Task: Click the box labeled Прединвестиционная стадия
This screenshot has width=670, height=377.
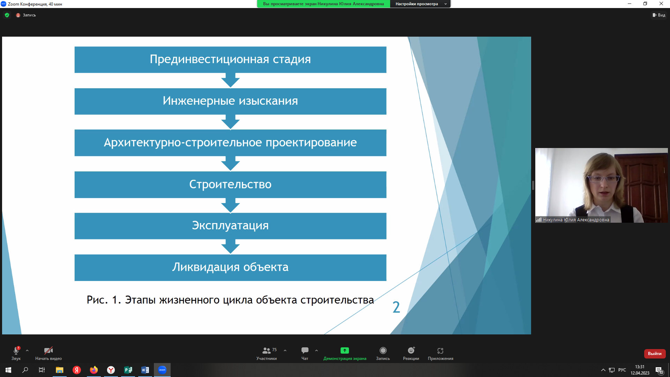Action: pos(230,60)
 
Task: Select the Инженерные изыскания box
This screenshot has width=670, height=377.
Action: pos(230,101)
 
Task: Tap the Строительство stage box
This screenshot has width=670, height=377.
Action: pos(230,185)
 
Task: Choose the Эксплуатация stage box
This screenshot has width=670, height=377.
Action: pos(230,226)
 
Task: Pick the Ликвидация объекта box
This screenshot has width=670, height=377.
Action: pos(230,267)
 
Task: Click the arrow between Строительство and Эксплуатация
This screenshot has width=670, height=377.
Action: pos(230,206)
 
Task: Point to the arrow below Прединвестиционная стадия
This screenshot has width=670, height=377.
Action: pos(230,80)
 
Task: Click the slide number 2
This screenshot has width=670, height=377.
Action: pos(396,307)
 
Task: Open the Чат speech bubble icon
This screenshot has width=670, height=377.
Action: pos(305,350)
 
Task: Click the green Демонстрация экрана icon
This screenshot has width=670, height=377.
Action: pos(344,350)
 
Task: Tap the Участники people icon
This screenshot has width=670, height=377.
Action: pos(266,350)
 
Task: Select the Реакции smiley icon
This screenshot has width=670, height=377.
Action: pos(411,350)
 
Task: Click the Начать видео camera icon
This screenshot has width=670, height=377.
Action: pos(48,350)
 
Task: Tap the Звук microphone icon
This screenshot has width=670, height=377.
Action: pos(16,350)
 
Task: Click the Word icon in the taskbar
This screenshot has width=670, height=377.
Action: pos(145,370)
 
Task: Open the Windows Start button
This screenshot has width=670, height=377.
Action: pos(8,370)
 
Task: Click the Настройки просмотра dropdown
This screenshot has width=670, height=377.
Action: pos(420,4)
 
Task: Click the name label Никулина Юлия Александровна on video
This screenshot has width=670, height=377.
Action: pos(576,220)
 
